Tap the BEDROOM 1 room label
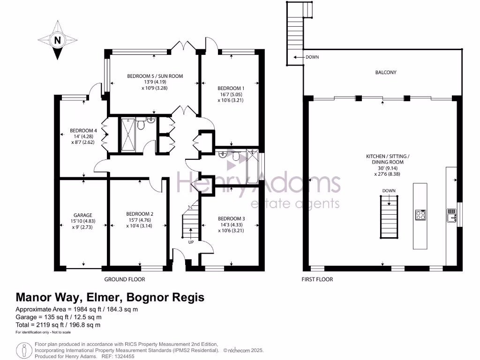pos(231,88)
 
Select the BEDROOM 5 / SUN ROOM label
pos(155,76)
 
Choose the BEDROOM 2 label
pos(140,214)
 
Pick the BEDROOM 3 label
pos(232,218)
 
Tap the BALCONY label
pos(386,73)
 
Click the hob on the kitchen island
pos(420,215)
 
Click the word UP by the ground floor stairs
pos(190,243)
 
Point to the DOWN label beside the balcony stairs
pos(312,57)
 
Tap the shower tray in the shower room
pos(127,135)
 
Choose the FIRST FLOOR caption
pos(317,279)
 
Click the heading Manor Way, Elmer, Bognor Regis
pos(110,297)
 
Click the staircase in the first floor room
pos(389,217)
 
